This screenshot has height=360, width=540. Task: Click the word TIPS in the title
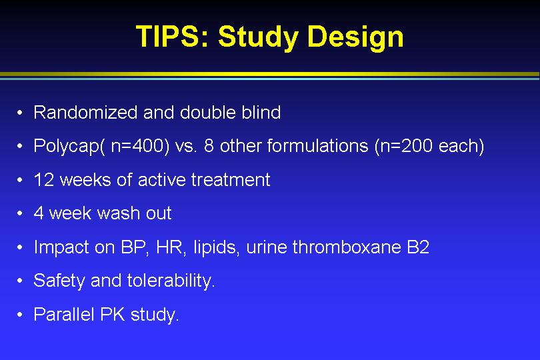click(x=169, y=36)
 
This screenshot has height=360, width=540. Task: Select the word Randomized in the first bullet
click(x=85, y=112)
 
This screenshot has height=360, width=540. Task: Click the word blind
click(x=261, y=112)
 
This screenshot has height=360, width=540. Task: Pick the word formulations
click(x=318, y=146)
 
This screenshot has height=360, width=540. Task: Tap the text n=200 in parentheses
click(x=406, y=146)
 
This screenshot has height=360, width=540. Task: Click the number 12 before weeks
click(x=44, y=180)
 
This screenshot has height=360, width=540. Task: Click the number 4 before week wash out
click(x=39, y=213)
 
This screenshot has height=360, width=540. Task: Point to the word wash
click(x=117, y=213)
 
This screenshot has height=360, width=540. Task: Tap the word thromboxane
click(x=347, y=247)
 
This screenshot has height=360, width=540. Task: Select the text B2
click(x=418, y=247)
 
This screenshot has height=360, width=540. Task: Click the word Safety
click(x=59, y=281)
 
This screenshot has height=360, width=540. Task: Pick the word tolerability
click(x=170, y=281)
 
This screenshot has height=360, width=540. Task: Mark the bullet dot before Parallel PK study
click(x=19, y=315)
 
